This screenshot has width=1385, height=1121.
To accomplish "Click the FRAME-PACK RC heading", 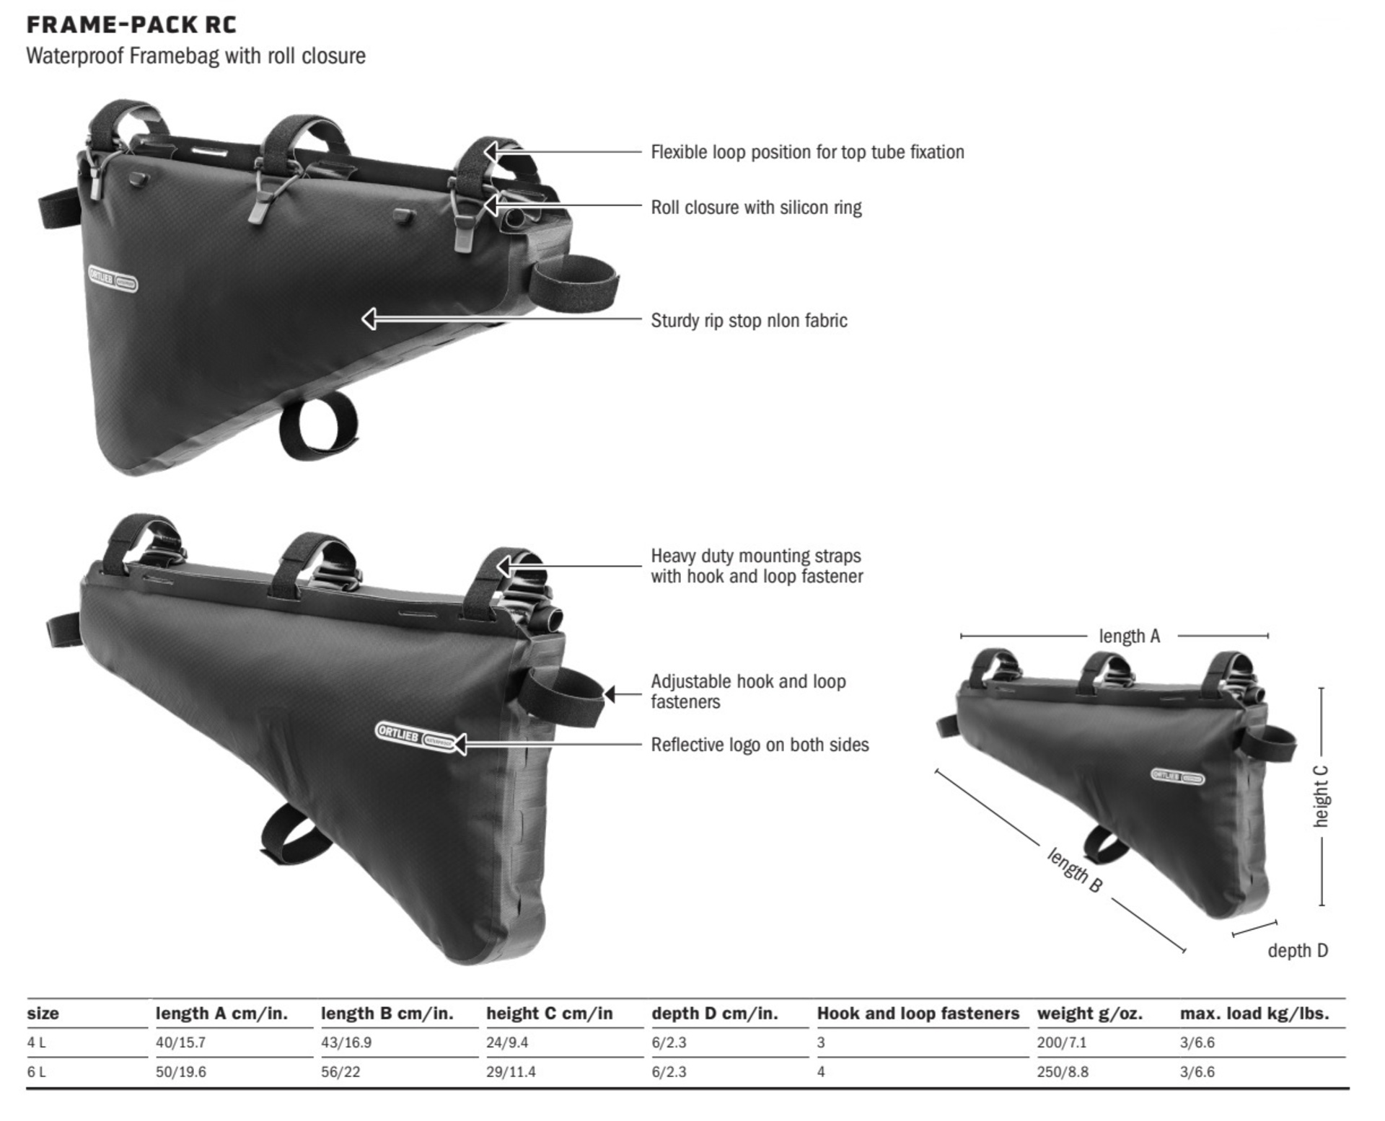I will point(131,25).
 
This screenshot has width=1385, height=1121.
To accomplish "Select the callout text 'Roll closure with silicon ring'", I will point(756,208).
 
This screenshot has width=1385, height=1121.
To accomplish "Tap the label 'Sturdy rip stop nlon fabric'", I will point(749,321).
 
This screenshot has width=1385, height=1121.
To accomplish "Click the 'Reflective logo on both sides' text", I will point(760,745).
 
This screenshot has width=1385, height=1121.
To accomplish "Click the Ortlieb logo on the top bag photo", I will point(113,279).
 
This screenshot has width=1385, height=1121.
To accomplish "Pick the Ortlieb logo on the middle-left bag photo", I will point(415,736).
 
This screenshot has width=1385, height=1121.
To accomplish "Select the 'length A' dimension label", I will point(1129,636).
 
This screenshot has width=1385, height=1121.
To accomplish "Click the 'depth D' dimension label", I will point(1297,951).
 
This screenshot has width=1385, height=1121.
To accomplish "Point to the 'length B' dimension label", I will point(1074,871).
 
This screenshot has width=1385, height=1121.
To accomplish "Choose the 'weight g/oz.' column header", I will point(1089,1014).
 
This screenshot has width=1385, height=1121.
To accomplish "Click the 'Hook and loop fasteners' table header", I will point(918,1014).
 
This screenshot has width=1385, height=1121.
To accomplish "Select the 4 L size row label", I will point(36,1042).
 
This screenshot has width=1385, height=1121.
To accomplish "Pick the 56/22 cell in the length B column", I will point(340,1072).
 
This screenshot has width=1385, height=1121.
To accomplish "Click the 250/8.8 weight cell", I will point(1062,1072).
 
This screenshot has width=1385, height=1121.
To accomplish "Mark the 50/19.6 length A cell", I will point(180,1072).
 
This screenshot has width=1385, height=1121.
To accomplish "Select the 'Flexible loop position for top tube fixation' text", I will point(807,152).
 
